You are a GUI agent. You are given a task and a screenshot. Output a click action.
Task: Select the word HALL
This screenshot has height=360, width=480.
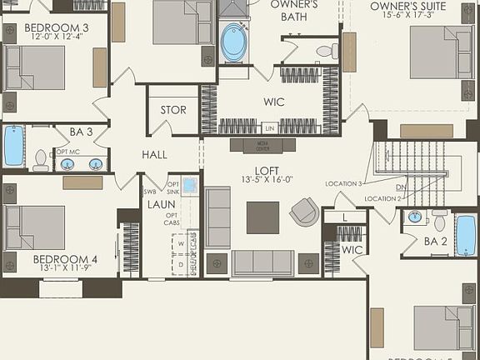click(x=154, y=155)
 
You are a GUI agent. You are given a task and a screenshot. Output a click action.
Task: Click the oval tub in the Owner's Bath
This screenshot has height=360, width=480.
click(x=234, y=42)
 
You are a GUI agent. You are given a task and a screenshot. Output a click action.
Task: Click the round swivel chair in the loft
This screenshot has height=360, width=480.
click(x=304, y=212)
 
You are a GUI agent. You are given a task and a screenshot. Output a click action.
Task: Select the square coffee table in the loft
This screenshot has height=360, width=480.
click(x=262, y=217)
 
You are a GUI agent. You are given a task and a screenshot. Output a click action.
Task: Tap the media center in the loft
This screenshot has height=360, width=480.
click(x=262, y=145)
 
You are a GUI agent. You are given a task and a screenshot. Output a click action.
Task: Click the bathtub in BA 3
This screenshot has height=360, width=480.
click(x=14, y=146)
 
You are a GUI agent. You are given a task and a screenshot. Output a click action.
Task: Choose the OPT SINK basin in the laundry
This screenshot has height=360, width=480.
click(x=191, y=186)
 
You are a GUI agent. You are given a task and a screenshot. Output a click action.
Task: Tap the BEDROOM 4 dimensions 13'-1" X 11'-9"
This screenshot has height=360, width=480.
click(x=65, y=270)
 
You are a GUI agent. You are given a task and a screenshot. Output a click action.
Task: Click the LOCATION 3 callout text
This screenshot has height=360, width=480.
click(x=344, y=183)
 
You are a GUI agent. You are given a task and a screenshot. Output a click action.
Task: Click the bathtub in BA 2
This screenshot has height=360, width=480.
click(x=465, y=234)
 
